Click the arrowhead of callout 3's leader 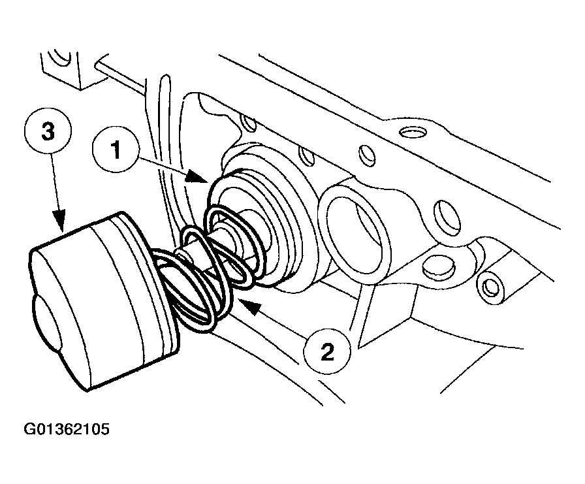point(61,229)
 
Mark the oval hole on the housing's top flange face point(411,133)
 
